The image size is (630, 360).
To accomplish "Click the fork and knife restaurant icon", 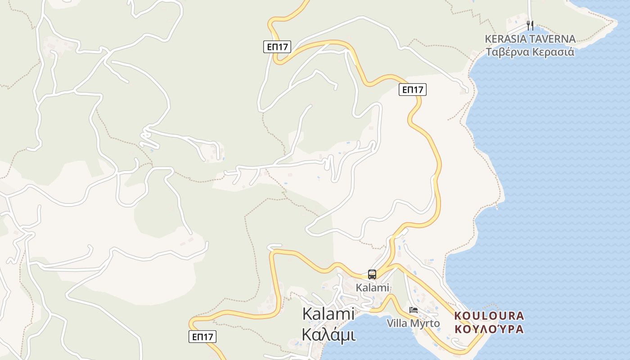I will [530, 26].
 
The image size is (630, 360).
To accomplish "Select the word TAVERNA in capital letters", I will [553, 39].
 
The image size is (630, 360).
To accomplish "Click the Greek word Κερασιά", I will [553, 52].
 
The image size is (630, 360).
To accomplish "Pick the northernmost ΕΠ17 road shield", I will [277, 46].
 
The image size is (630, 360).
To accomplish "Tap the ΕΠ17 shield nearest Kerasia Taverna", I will [412, 90].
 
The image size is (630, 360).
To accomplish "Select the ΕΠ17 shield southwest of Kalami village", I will [202, 336].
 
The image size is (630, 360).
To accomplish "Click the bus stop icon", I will [372, 274].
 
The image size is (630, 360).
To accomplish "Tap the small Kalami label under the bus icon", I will [372, 288].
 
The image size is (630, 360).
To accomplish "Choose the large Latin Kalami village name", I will [328, 314].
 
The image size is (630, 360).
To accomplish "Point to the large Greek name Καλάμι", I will [328, 335].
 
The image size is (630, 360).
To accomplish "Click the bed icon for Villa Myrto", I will [414, 310].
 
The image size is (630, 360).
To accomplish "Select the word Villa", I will [396, 323].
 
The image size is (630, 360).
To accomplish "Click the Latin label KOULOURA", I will [489, 315].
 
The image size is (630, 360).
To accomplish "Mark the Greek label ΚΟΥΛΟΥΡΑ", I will [489, 329].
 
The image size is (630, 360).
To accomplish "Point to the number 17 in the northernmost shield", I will [283, 46].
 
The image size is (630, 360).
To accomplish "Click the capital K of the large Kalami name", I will [307, 314].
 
